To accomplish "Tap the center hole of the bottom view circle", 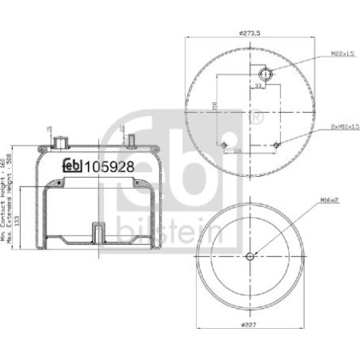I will pos(250,256).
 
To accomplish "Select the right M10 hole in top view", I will pos(277,144).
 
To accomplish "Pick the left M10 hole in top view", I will pos(223,144).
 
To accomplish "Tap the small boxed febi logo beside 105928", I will pos(73,167).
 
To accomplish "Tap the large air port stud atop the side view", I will pos(58,141).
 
